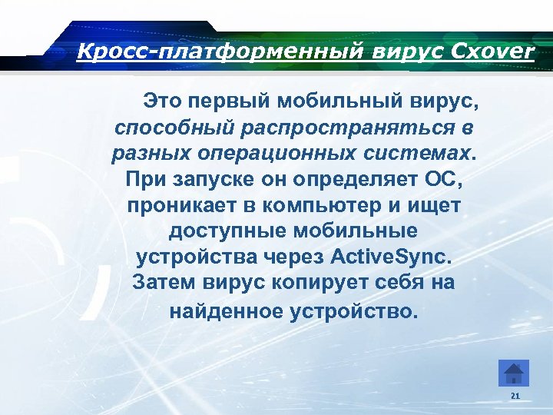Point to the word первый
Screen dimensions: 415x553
(x=228, y=101)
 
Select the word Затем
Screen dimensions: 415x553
(x=164, y=282)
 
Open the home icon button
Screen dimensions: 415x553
(x=513, y=373)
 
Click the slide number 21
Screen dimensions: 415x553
(x=515, y=396)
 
